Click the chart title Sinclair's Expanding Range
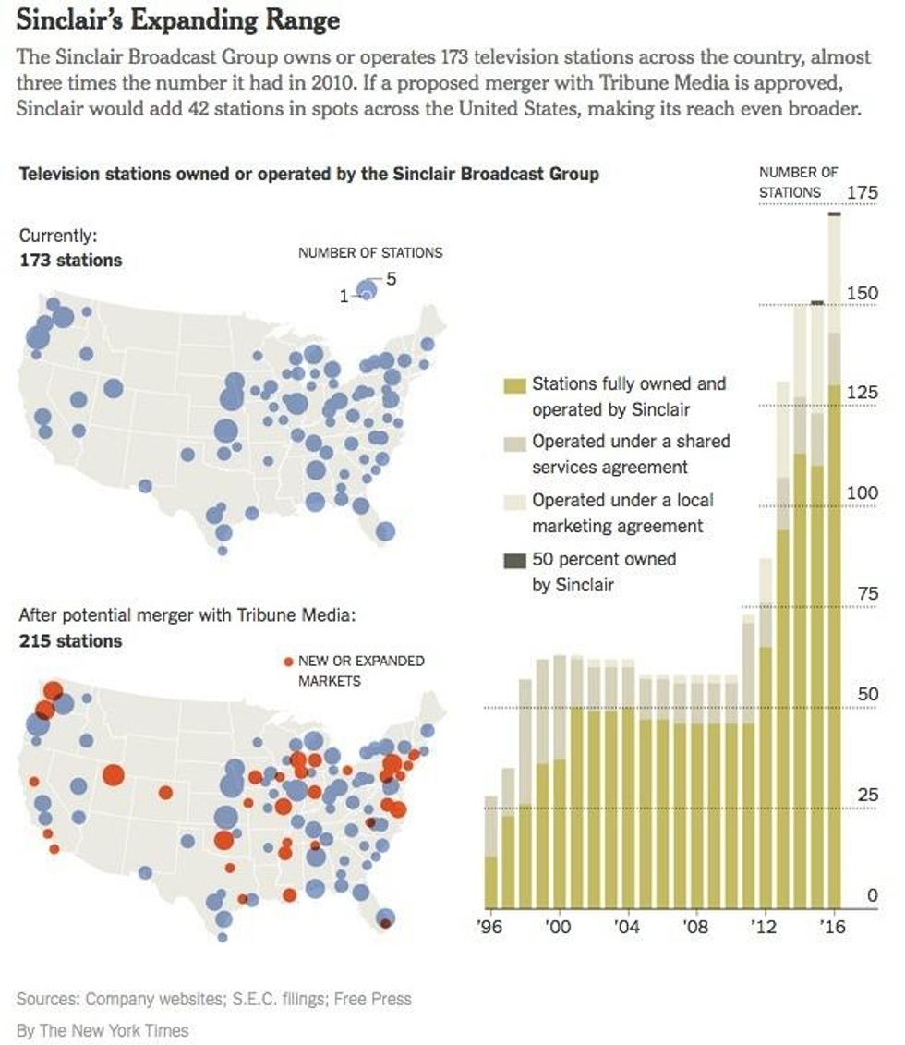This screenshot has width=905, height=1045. coord(178,20)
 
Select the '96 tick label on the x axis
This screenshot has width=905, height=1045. coord(492,927)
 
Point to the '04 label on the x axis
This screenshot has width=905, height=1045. coord(627,927)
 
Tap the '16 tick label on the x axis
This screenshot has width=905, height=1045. coord(835,927)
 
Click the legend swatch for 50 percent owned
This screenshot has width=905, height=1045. coord(514,560)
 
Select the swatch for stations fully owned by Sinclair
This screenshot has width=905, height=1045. coord(514,384)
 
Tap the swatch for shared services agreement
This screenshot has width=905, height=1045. coord(514,443)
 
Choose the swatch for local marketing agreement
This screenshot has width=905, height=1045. coord(514,502)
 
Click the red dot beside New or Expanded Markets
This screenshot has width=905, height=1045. coord(288,662)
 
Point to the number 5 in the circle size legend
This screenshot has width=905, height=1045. coord(391,278)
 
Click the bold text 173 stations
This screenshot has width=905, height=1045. coord(70,261)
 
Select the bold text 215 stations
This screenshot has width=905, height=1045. coord(70,640)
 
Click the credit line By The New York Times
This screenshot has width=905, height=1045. coord(103,1030)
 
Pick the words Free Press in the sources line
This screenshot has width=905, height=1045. coord(373,999)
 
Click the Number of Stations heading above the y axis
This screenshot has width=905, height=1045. coord(798,182)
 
